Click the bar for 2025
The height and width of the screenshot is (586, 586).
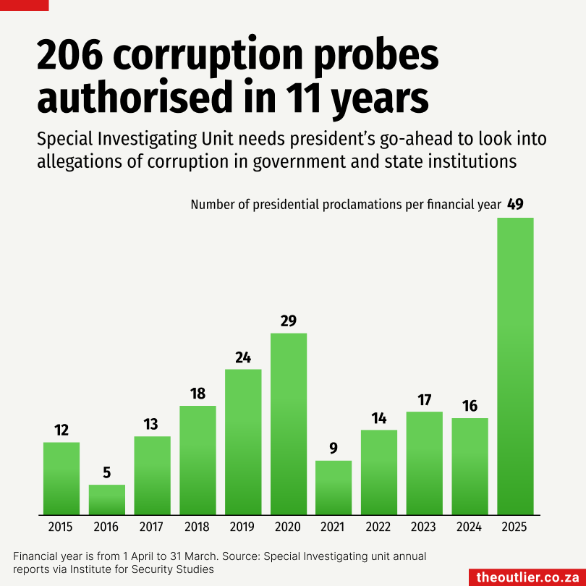coord(515,365)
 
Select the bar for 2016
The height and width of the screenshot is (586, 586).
coord(107,499)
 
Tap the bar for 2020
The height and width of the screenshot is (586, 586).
coord(289,423)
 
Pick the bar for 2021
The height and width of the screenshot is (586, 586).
coord(334,487)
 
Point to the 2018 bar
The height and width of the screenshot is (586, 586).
coord(198,459)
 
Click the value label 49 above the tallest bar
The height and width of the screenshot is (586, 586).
coord(515,205)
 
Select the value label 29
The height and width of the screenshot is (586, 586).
coord(289,320)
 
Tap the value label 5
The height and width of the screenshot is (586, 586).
coord(107,473)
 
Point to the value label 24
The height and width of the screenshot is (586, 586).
coord(243,357)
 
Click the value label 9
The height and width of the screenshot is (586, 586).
coord(334,449)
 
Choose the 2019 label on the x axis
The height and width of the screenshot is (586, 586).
coord(243,527)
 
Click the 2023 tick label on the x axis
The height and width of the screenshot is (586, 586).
coord(424,527)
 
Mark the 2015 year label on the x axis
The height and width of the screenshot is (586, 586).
coord(61,527)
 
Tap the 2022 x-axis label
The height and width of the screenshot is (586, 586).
coord(378,527)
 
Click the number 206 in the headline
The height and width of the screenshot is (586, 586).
coord(71,56)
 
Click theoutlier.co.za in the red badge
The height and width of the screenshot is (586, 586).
coord(527,577)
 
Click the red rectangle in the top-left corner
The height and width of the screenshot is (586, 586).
coord(24,4)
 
